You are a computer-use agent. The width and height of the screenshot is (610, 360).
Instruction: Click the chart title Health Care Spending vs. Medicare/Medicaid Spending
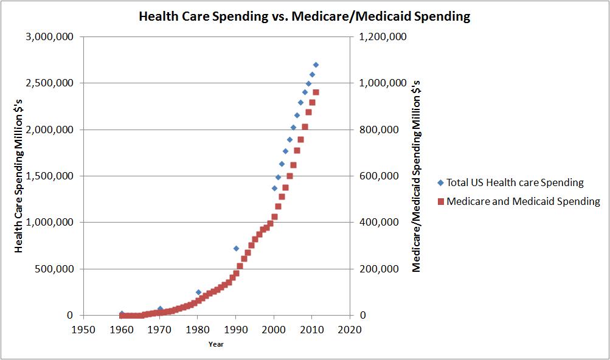click(x=304, y=16)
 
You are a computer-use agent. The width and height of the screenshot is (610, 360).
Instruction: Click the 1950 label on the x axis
click(x=83, y=330)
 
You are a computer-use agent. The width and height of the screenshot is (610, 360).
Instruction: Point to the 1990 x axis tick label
click(x=236, y=330)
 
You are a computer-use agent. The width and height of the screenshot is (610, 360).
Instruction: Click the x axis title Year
click(x=216, y=344)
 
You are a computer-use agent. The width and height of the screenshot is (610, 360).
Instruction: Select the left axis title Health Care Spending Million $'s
click(x=19, y=176)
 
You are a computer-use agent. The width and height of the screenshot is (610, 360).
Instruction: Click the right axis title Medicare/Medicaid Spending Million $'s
click(x=417, y=176)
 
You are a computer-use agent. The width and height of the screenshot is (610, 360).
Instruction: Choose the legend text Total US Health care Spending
click(x=515, y=182)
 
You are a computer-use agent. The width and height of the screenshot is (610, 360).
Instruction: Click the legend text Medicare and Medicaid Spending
click(x=523, y=201)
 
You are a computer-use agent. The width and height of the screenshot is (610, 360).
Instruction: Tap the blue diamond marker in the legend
click(x=440, y=182)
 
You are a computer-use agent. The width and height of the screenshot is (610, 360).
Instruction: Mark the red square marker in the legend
click(x=440, y=201)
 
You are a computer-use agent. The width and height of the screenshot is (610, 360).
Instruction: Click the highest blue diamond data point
click(x=316, y=64)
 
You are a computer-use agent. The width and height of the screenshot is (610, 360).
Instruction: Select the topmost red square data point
click(x=316, y=92)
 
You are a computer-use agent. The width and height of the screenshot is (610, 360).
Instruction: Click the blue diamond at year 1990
click(x=236, y=248)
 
